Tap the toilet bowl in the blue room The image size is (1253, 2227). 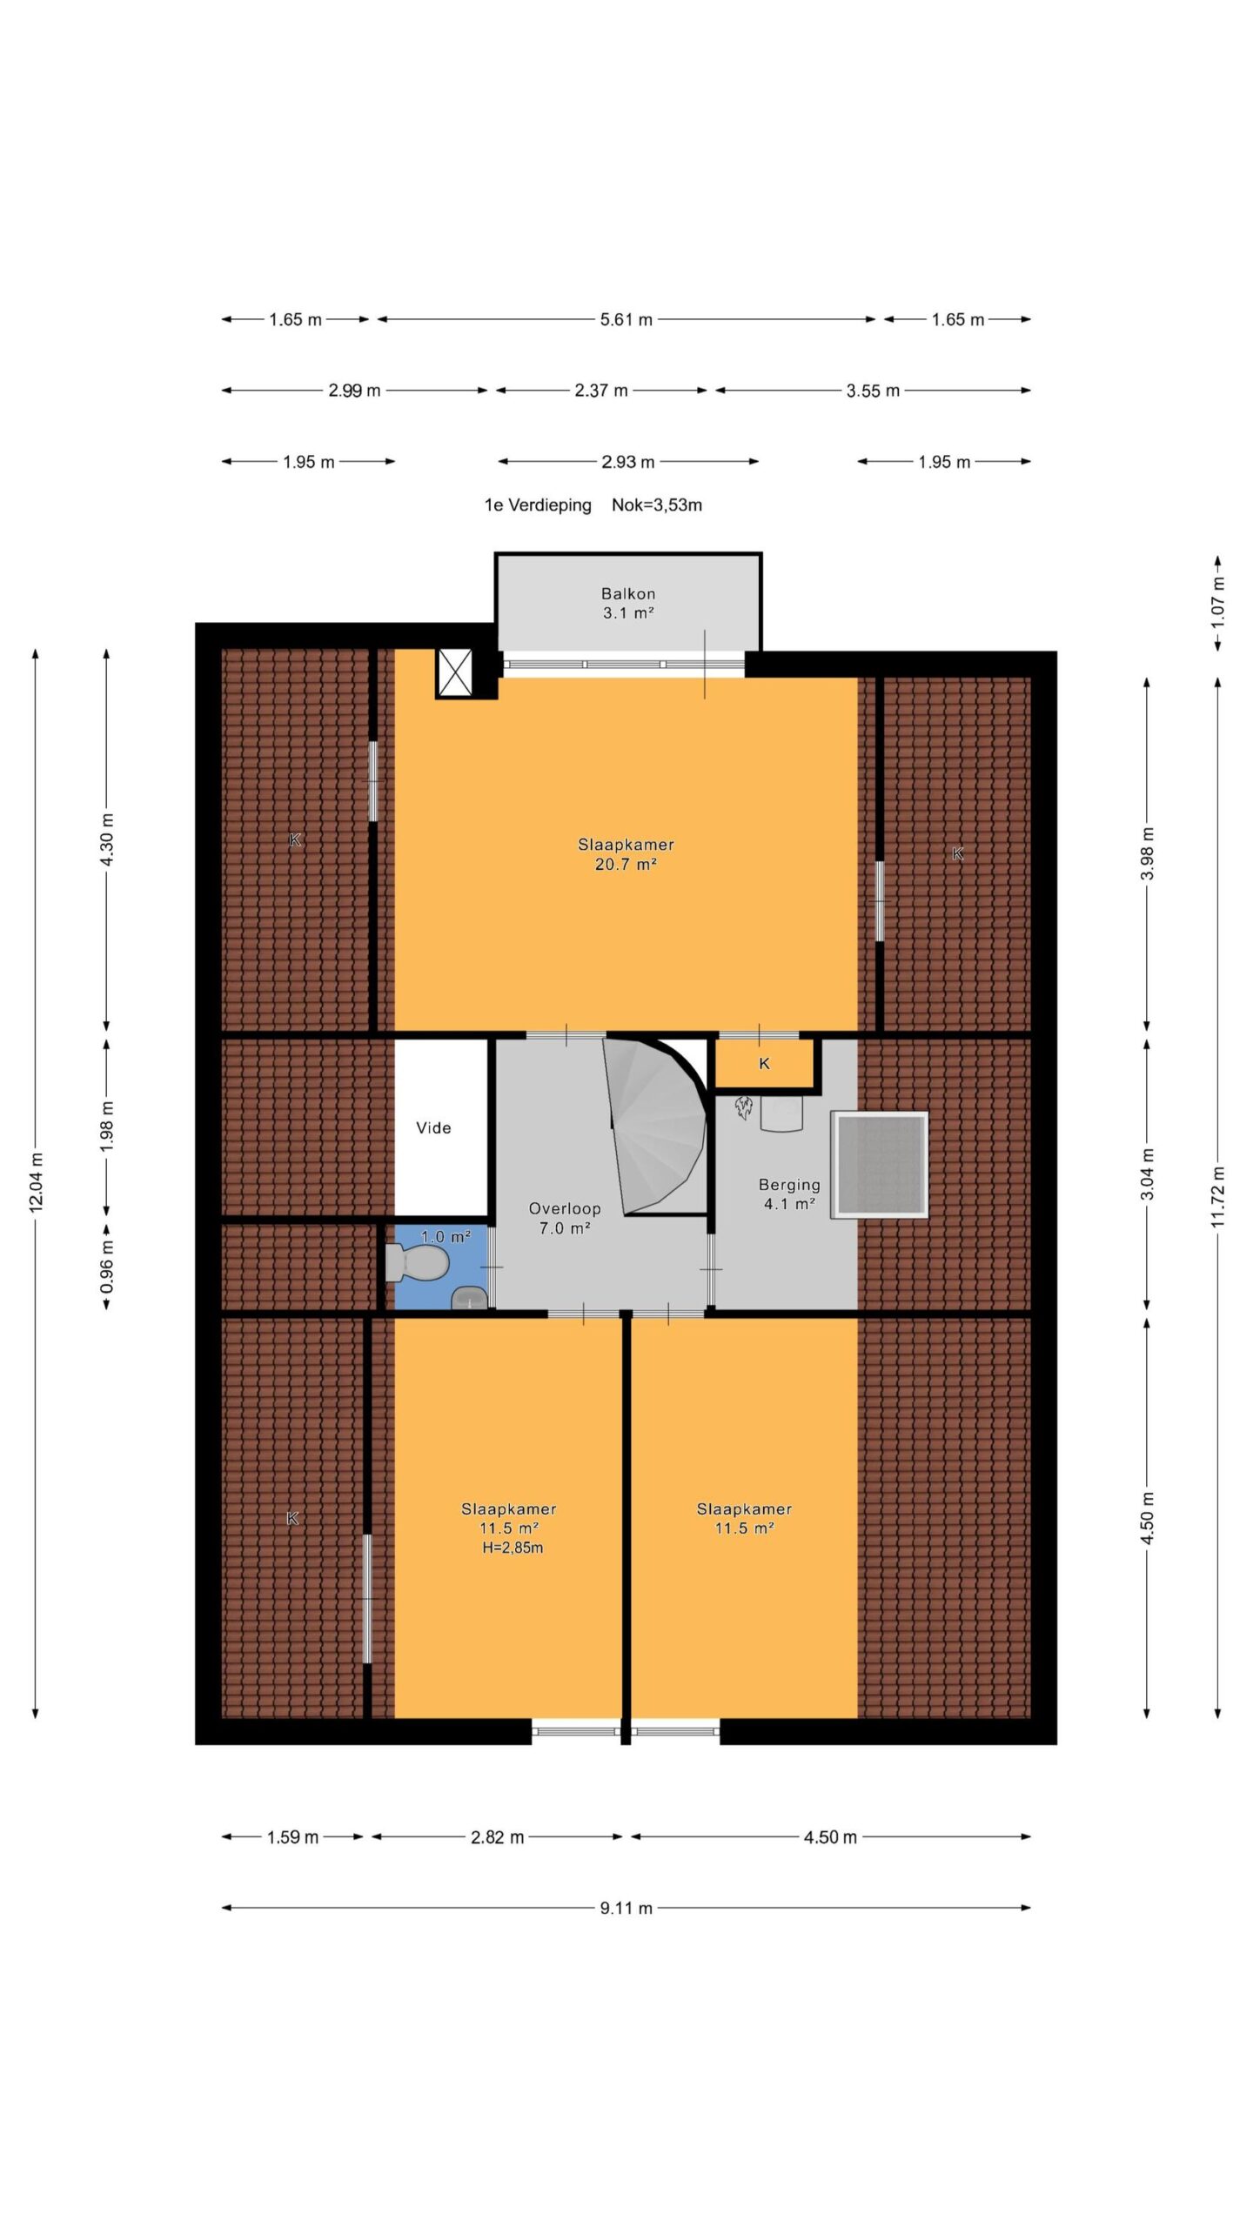point(417,1262)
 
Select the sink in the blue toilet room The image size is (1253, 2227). point(470,1297)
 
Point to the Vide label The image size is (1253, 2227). point(433,1128)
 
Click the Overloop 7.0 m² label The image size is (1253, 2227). point(565,1218)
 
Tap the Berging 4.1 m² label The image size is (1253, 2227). point(789,1194)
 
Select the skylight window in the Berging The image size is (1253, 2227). point(880,1165)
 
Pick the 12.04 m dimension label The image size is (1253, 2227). point(36,1180)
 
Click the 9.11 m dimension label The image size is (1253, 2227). point(626,1909)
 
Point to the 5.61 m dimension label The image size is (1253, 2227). point(626,319)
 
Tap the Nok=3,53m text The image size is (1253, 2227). point(657,505)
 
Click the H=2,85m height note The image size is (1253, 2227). point(513,1548)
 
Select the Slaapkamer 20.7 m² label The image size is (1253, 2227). point(626,854)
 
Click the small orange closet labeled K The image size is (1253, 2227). point(764,1063)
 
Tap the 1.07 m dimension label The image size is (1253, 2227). point(1218,601)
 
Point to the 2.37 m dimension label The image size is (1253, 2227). point(600,391)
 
